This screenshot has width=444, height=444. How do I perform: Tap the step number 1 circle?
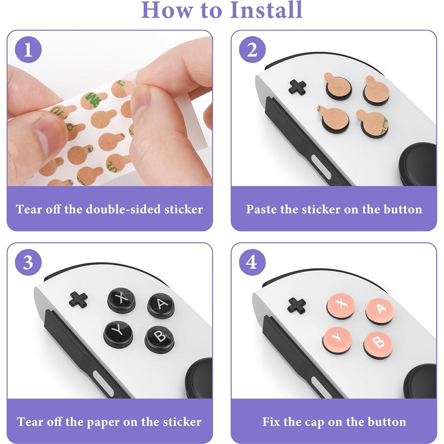tap(28, 50)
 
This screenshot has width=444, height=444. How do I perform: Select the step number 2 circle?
tap(252, 50)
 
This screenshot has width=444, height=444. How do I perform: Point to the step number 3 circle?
tap(28, 262)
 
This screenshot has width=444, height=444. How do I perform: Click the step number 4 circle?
tap(252, 262)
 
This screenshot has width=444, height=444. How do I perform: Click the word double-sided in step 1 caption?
tap(123, 209)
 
